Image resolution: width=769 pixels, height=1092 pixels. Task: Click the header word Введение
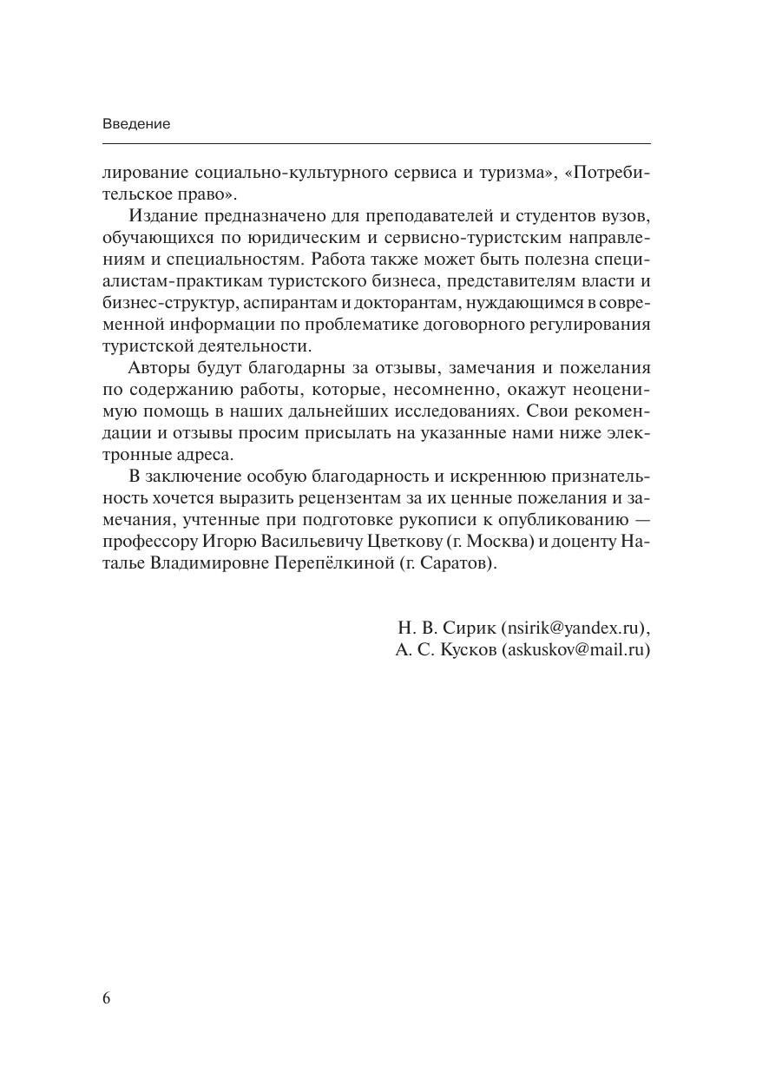click(136, 123)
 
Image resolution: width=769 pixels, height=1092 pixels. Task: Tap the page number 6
click(107, 998)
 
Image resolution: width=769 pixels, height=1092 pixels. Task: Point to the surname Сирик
click(470, 628)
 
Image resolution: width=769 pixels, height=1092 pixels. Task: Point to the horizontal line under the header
click(376, 143)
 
